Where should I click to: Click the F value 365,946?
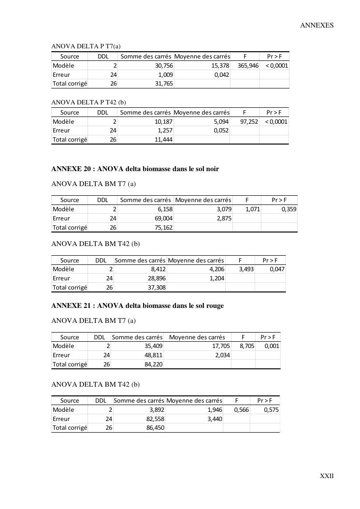coord(248,66)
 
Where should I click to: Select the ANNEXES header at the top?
coord(317,25)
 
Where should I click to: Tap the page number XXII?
coord(327,476)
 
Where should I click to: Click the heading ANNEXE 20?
coord(135,169)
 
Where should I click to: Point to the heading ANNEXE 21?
coord(137,306)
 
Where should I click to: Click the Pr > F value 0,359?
coord(289,209)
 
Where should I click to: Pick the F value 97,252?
coord(249,122)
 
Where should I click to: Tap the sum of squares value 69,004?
coord(162,218)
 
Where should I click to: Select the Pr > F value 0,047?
coord(277,269)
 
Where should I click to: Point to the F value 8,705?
coord(246,346)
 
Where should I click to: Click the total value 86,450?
coord(155,428)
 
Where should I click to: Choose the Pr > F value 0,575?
coord(271,410)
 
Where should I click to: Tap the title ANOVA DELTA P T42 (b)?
coord(88,102)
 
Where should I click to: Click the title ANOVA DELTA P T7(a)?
coord(86,46)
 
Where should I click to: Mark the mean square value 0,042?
coord(221,75)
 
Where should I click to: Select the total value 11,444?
coord(163,140)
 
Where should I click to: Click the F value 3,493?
coord(246,269)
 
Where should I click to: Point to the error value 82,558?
coord(155,419)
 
